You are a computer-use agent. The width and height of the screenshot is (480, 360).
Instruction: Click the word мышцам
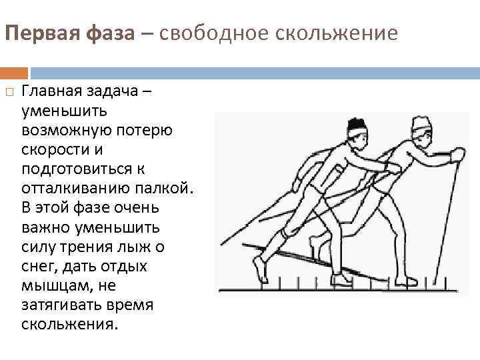(51, 285)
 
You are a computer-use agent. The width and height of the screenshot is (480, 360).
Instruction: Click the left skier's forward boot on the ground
(341, 281)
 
